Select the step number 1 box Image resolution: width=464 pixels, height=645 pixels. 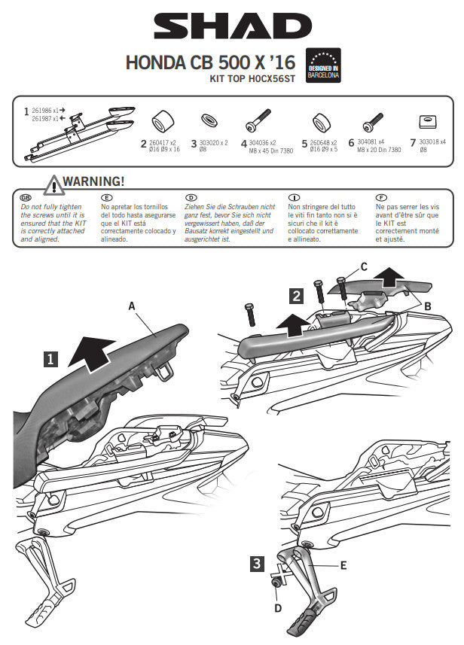point(50,360)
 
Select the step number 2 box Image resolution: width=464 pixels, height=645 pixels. point(298,295)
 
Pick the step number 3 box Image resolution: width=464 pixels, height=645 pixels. point(258,561)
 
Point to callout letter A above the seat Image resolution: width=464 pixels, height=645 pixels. point(133,306)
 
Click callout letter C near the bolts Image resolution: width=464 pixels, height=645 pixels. point(364,266)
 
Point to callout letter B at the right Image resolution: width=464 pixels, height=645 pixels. point(427,306)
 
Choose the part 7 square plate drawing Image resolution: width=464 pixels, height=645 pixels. point(427,122)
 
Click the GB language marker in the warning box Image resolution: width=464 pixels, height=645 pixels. point(26,196)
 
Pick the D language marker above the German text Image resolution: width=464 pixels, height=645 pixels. point(191,196)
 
